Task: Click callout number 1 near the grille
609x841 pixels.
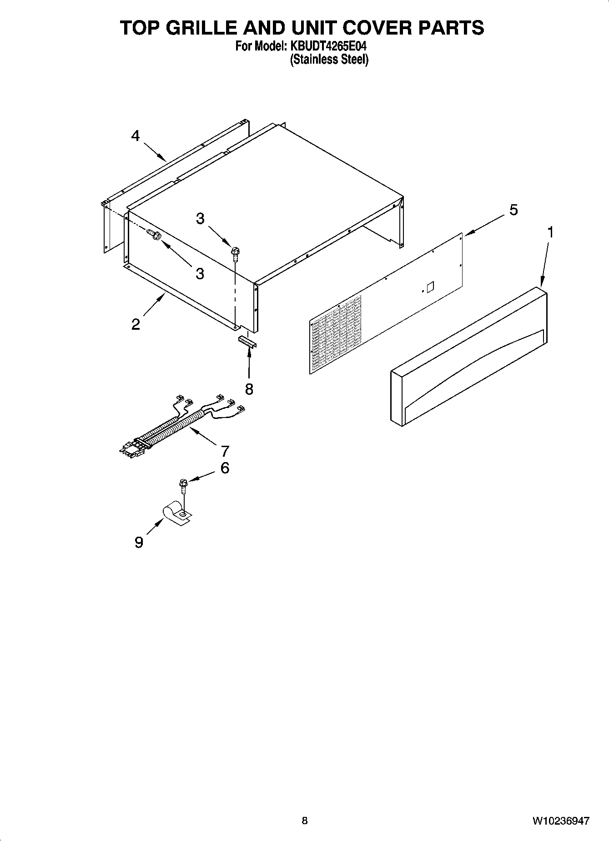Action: (x=550, y=232)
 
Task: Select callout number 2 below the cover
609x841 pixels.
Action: (x=136, y=325)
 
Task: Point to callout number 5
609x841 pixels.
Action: (x=513, y=210)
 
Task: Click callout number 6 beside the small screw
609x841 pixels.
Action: (x=225, y=468)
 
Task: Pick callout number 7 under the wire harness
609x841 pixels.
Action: (x=225, y=451)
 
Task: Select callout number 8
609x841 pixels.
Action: (x=249, y=389)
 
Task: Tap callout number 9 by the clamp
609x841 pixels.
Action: (x=139, y=542)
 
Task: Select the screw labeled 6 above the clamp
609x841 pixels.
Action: (x=184, y=486)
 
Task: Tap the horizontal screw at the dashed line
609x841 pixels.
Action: (x=155, y=236)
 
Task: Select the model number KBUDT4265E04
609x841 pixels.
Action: (x=326, y=46)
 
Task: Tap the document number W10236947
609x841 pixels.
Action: (x=560, y=821)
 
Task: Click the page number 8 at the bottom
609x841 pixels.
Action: (x=304, y=821)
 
